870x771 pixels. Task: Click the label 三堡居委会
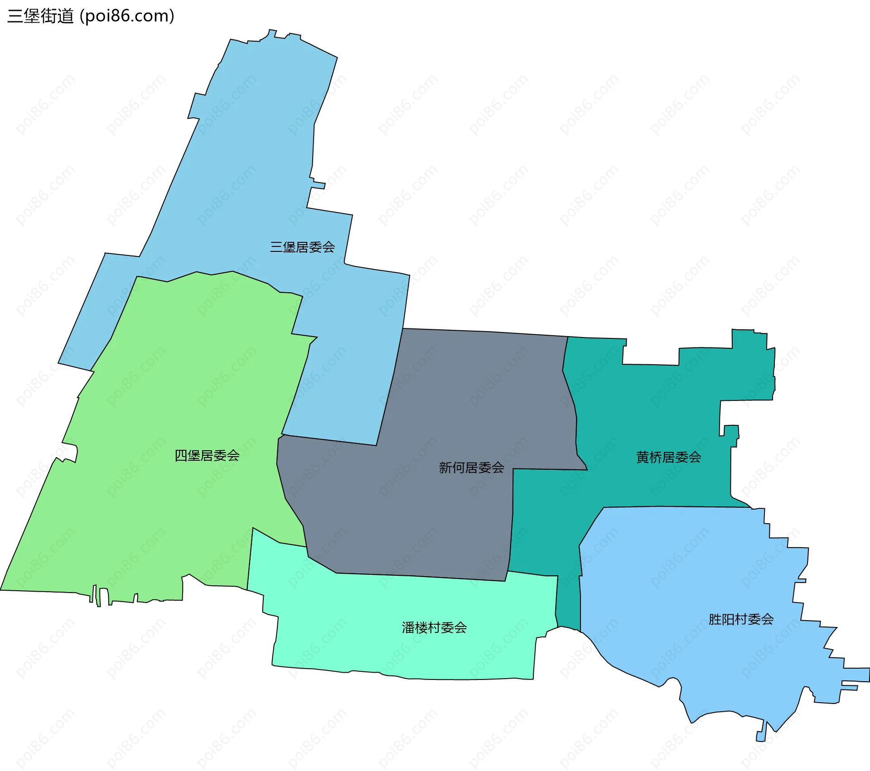click(x=302, y=247)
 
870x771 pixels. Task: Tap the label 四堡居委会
click(x=207, y=456)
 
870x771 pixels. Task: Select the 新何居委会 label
click(x=471, y=467)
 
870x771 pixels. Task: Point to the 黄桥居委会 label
click(x=668, y=458)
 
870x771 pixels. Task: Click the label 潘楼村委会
click(x=434, y=628)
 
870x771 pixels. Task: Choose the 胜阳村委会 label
click(x=741, y=619)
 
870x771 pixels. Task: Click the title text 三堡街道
click(x=41, y=16)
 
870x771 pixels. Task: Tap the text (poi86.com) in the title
click(x=127, y=16)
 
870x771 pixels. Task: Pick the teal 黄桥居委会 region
click(x=657, y=408)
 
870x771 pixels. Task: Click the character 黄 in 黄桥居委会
click(x=643, y=458)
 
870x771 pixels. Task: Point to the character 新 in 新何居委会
click(x=445, y=467)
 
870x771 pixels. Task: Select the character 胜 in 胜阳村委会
click(x=715, y=619)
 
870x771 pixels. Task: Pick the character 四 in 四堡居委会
click(x=181, y=456)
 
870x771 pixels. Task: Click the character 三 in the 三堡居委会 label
click(x=276, y=247)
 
